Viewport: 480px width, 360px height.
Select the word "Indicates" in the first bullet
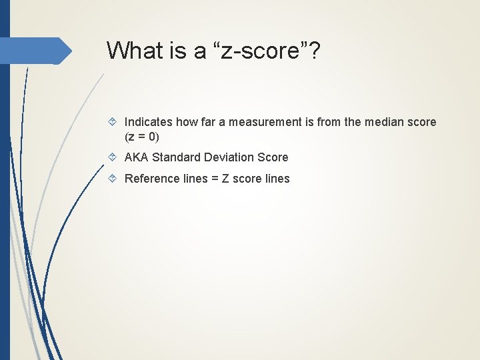[x=149, y=122]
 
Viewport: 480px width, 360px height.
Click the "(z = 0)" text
[x=142, y=137]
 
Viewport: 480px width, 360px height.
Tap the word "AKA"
[x=137, y=157]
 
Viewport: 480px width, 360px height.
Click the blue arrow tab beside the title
[x=37, y=51]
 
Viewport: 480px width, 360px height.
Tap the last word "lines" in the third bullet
[x=277, y=179]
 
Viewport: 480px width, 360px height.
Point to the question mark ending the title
[x=313, y=50]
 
